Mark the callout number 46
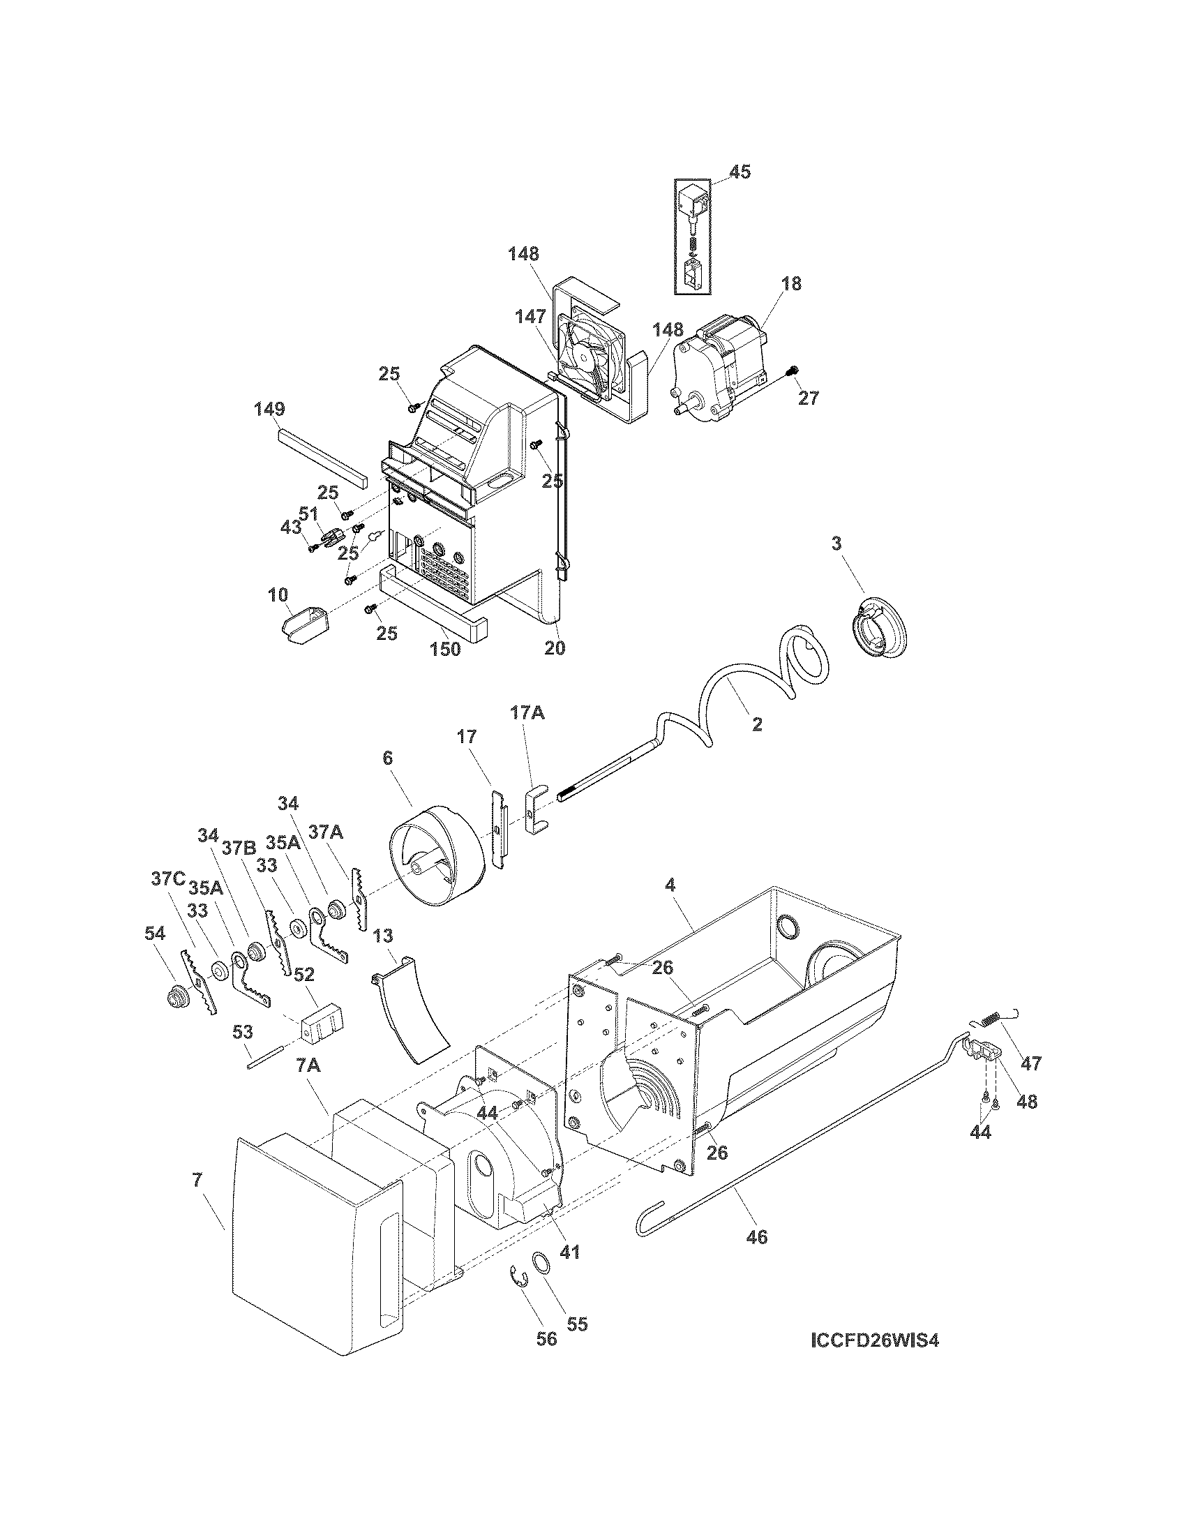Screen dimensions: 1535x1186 757,1236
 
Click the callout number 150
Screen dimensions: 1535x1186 446,648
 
